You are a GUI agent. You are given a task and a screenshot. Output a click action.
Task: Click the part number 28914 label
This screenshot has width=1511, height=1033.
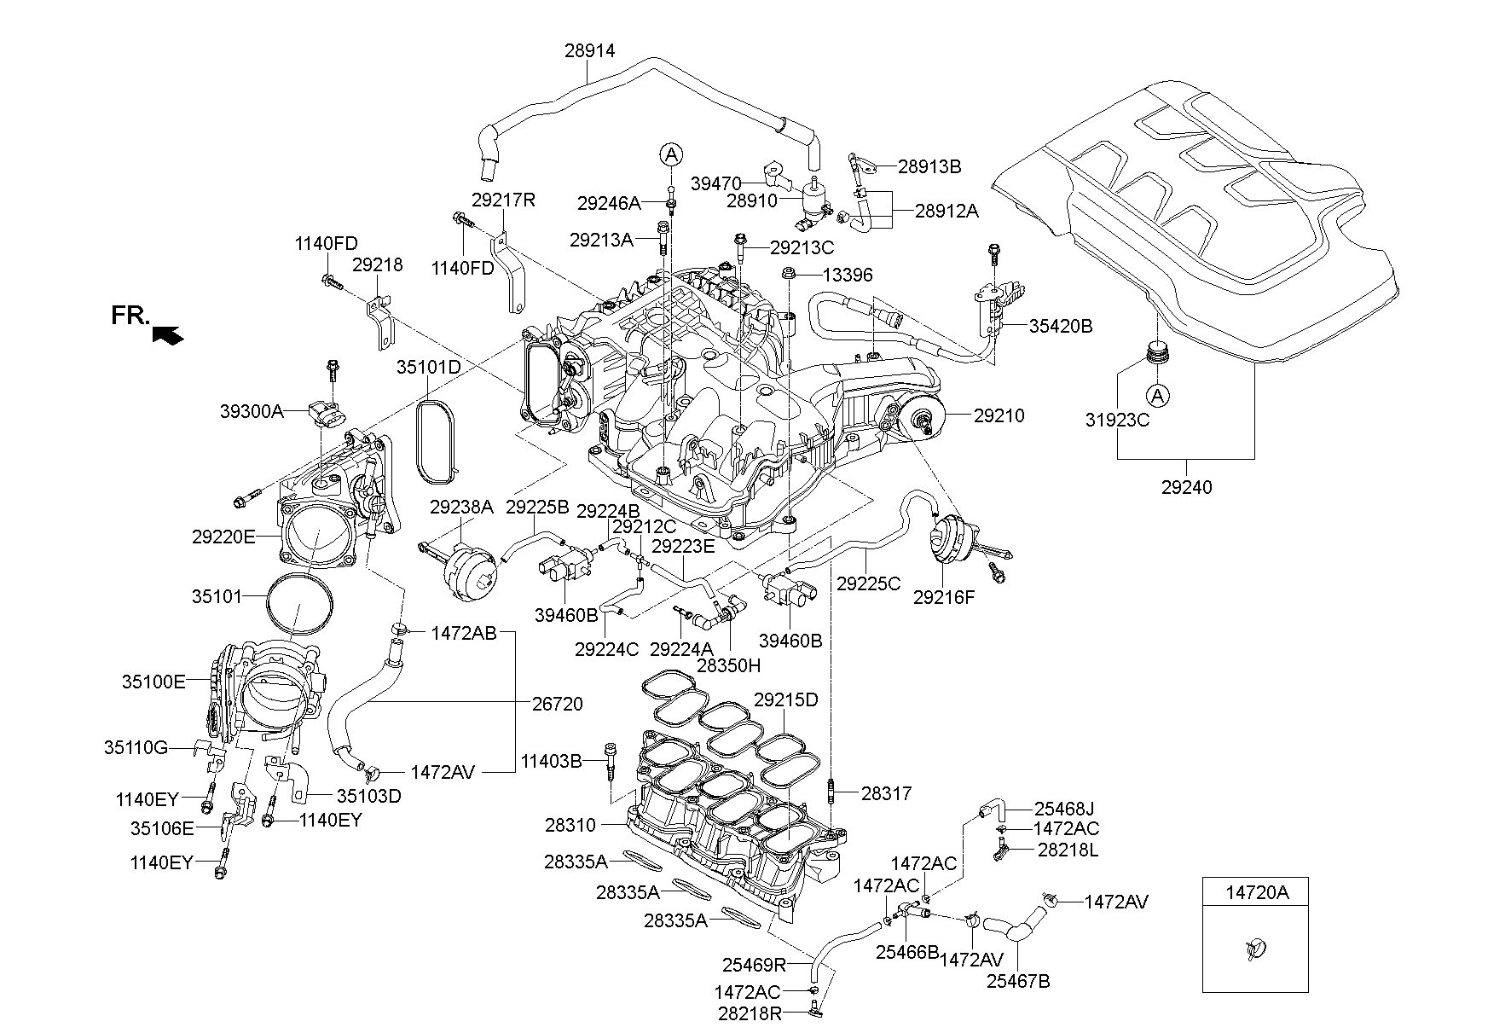(589, 51)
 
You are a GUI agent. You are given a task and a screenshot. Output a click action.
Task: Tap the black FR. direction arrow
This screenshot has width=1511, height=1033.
(167, 335)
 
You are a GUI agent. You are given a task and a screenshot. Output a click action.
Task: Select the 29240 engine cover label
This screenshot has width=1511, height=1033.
(1186, 488)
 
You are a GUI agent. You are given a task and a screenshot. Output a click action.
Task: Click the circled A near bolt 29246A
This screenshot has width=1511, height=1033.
(671, 154)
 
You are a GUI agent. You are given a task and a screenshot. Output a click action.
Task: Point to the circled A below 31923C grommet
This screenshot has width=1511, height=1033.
(1156, 395)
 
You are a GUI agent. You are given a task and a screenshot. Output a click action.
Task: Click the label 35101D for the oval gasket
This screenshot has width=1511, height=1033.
(428, 368)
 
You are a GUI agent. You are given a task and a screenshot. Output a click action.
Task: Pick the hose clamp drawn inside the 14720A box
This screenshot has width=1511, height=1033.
(1255, 949)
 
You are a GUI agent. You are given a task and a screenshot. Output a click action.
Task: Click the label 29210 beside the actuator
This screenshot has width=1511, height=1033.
(999, 416)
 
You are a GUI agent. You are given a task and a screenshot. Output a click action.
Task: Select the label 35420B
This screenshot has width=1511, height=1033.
(1061, 326)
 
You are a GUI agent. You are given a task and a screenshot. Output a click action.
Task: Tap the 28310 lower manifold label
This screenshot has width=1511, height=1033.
(570, 826)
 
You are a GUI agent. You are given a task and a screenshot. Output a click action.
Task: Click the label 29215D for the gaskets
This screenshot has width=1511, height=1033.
(785, 700)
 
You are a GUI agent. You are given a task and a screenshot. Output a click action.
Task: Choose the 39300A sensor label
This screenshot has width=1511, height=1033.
(252, 411)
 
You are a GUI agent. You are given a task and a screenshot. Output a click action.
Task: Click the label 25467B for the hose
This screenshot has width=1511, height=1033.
(1018, 981)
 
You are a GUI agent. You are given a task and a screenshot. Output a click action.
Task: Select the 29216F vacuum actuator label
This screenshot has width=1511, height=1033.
(943, 598)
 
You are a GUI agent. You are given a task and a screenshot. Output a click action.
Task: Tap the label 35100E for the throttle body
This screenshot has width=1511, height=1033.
(153, 682)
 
